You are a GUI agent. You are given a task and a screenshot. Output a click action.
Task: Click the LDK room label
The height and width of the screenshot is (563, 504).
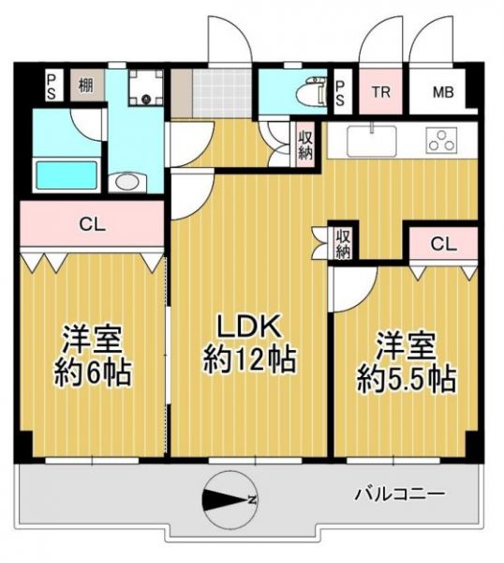pos(249,326)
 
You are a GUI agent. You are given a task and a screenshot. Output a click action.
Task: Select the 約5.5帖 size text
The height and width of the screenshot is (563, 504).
pos(407,379)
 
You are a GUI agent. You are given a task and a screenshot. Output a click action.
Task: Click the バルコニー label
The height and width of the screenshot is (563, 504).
pos(400,494)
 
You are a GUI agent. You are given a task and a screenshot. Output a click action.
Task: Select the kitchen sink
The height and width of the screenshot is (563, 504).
pos(372,141)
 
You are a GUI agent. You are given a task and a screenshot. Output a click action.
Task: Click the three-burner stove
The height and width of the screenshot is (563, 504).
pos(441,140)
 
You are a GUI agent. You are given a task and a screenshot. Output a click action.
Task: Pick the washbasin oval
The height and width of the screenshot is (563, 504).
pos(127,182)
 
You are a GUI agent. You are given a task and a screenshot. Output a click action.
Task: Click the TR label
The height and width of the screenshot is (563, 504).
pos(380,92)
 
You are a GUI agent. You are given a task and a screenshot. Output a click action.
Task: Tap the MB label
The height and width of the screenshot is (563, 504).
pos(443,92)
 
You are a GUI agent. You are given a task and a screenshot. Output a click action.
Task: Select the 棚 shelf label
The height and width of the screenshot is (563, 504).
pos(86,85)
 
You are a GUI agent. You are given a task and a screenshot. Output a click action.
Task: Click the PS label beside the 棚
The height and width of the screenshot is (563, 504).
pos(52,86)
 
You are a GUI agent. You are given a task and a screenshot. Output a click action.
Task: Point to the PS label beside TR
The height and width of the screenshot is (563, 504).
pos(340,93)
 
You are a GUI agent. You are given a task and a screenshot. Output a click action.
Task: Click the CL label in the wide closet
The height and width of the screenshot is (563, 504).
pos(92,225)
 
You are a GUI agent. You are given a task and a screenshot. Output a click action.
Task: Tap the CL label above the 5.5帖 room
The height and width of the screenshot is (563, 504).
pos(443,244)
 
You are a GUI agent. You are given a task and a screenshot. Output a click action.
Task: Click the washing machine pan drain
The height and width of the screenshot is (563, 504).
pos(146,99)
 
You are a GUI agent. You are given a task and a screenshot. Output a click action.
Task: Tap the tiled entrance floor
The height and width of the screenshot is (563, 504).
pos(223,93)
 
